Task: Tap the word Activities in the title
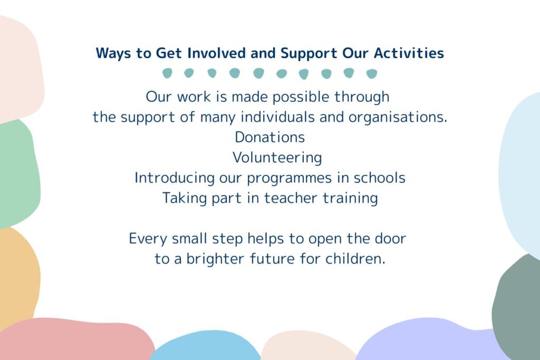(x=409, y=53)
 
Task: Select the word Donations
(x=269, y=137)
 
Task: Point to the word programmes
(x=289, y=178)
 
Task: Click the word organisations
(x=398, y=118)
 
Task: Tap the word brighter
(x=215, y=259)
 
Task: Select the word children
(x=355, y=258)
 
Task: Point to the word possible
(x=301, y=97)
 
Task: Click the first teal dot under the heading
(x=167, y=73)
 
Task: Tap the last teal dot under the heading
(x=372, y=74)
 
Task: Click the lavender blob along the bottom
(x=427, y=340)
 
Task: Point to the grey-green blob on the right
(x=517, y=306)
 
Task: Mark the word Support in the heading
(x=309, y=54)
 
